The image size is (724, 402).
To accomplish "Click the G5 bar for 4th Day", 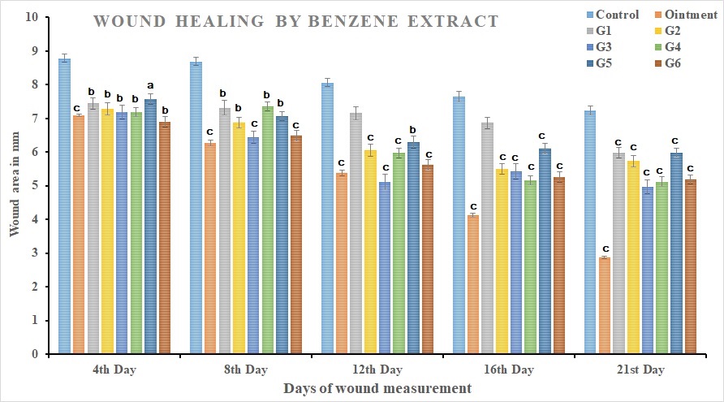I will (150, 227).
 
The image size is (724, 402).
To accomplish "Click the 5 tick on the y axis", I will (35, 186).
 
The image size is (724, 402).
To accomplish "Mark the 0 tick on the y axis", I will (35, 354).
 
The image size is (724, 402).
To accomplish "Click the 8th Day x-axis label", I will (244, 370).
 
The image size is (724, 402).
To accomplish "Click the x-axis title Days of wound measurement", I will (377, 389).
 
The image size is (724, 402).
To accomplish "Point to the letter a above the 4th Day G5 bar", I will (150, 86).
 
